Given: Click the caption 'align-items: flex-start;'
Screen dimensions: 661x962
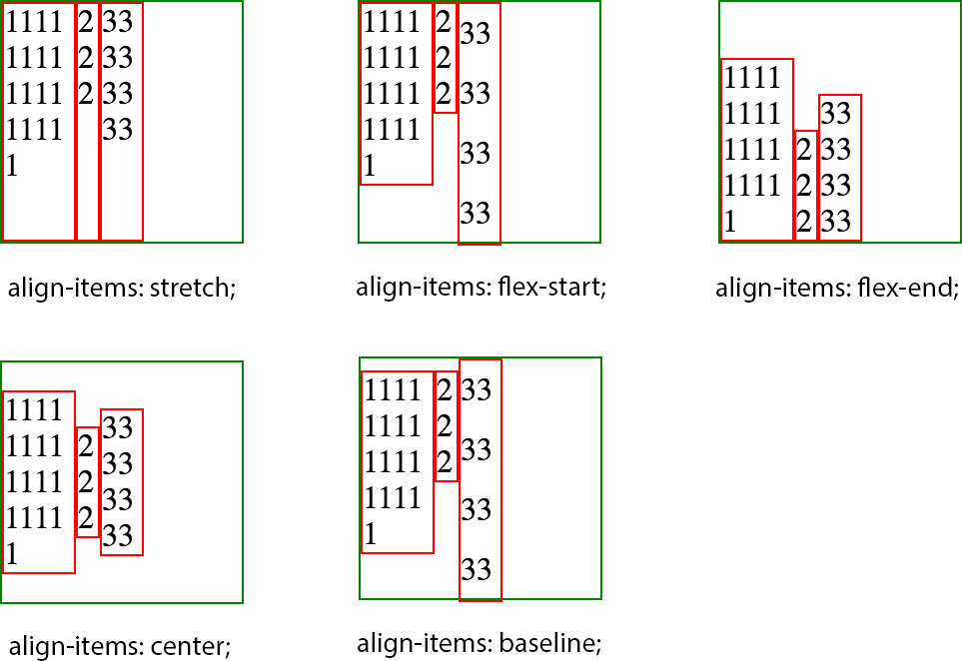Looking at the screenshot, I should coord(481,288).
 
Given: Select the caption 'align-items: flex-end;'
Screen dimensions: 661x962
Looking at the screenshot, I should coord(837,290).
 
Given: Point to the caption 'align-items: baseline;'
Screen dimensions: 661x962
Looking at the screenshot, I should coord(480,643).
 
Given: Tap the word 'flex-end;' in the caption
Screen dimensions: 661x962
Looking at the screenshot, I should coord(905,290).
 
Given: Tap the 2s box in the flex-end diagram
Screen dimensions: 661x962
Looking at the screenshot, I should coord(805,185).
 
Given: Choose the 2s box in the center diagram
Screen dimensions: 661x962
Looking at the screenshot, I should coord(87,481).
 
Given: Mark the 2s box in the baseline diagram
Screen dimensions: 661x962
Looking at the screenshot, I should coord(446,426).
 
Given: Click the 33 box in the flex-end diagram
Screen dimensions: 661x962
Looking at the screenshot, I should coord(839,168).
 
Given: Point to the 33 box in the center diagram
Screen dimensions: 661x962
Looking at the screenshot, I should coord(121,482).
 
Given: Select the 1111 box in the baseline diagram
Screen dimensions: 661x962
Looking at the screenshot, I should coord(397,462).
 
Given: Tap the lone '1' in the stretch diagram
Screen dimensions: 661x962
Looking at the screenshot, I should coord(13,166).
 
